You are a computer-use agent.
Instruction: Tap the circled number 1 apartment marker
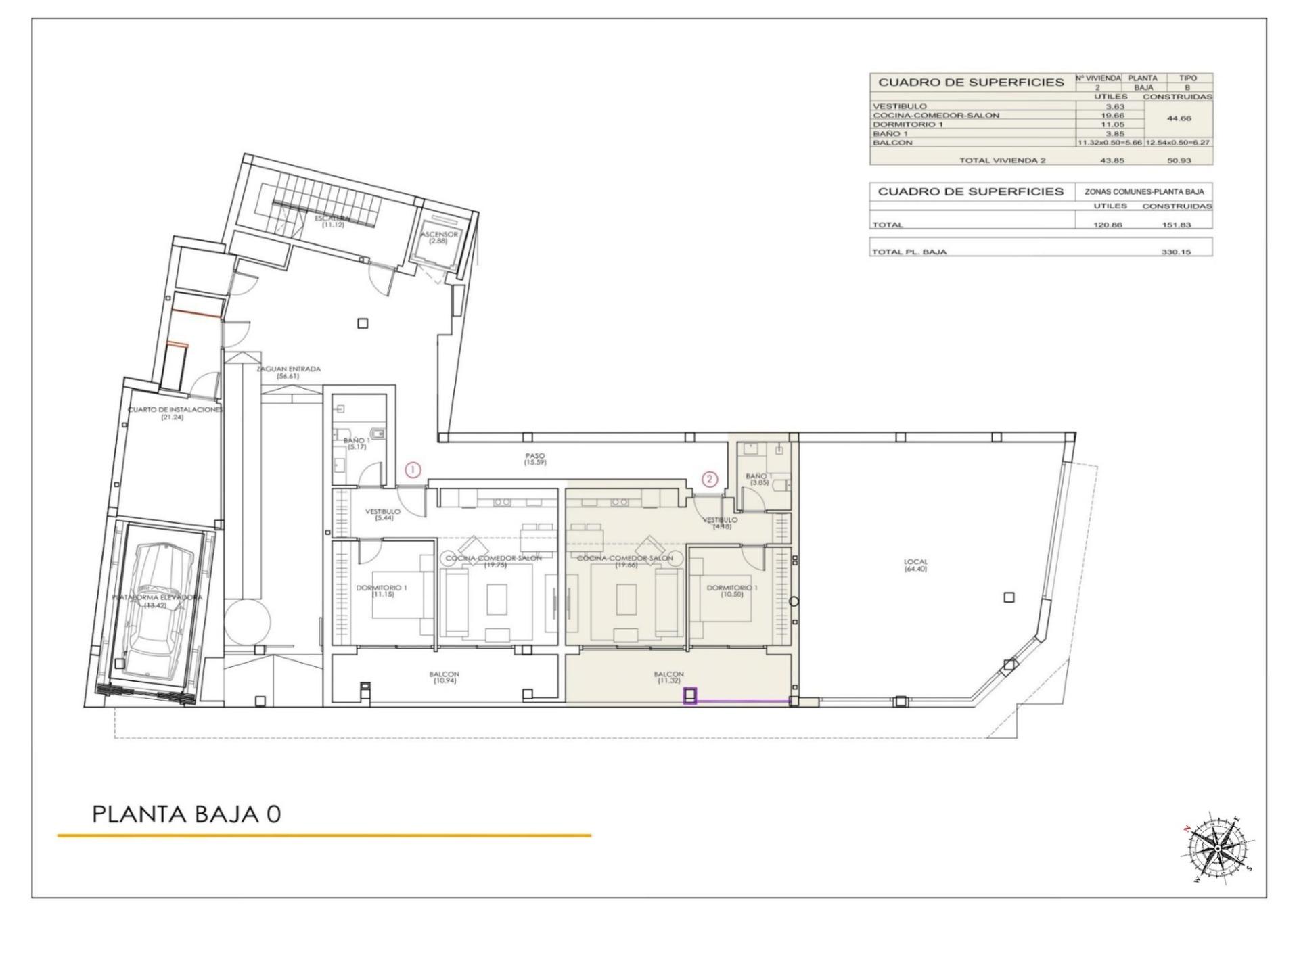coord(413,469)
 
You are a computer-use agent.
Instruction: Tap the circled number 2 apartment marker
coord(709,479)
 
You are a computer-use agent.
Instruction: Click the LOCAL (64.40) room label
coord(915,565)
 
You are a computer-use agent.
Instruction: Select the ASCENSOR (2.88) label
coord(438,237)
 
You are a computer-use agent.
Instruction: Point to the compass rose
coord(1218,848)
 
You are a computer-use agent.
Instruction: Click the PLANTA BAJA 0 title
coord(187,814)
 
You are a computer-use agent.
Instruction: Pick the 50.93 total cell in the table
coord(1179,160)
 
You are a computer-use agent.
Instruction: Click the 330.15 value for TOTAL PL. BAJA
coord(1176,252)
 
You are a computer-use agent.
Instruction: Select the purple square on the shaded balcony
coord(690,695)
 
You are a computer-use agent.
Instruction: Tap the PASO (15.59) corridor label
coord(534,459)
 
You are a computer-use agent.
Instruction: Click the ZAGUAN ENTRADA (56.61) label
coord(288,372)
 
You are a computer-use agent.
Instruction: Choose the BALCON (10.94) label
coord(444,677)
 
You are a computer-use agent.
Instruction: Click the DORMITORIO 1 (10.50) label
coord(731,591)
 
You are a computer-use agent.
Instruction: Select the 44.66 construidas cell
coord(1179,118)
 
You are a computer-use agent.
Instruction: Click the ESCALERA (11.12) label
coord(333,221)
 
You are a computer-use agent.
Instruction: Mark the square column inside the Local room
coord(1009,597)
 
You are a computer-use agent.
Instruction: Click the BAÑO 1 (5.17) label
coord(356,444)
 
